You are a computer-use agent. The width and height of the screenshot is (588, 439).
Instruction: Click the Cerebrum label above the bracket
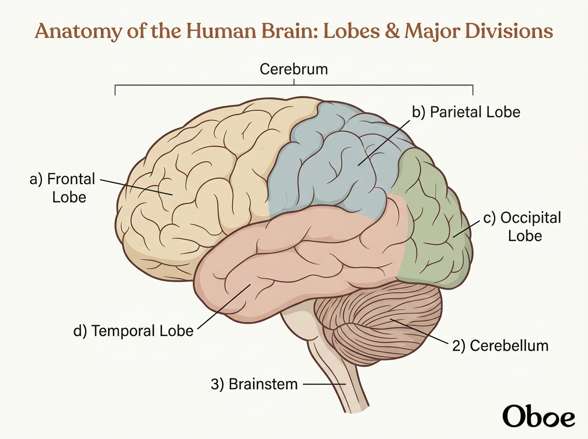pos(294,70)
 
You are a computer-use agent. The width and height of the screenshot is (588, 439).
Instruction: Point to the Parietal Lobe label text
pos(466,112)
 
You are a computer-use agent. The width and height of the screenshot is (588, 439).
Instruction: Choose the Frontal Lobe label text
pos(62,188)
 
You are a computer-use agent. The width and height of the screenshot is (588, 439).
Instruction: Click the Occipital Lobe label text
pos(522,227)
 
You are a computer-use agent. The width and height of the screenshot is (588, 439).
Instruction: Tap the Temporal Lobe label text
pos(133,331)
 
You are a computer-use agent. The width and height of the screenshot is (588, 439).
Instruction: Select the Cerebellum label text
pos(500,345)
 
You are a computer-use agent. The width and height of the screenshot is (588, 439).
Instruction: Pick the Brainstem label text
pos(254,384)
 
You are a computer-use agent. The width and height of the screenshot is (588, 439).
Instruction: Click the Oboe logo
pos(539,417)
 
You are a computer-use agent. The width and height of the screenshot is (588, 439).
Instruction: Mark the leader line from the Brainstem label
pos(324,384)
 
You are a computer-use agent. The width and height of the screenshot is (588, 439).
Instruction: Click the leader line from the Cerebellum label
pos(419,331)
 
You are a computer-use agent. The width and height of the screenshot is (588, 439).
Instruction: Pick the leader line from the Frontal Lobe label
pos(136,187)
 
